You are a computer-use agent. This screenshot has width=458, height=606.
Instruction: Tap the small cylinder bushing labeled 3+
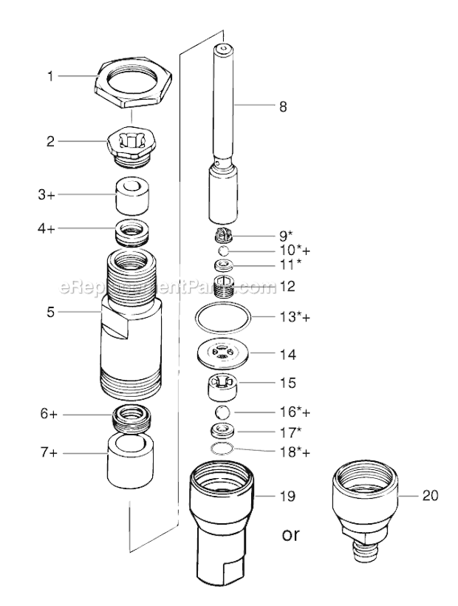pos(133,194)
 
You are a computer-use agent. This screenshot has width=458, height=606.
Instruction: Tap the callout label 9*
pos(264,236)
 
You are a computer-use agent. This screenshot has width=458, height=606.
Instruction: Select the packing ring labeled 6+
pos(133,419)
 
